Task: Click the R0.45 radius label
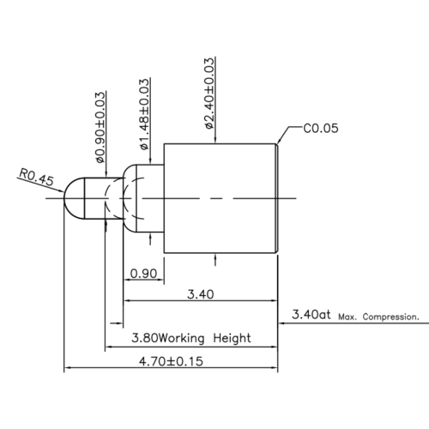pos(36,178)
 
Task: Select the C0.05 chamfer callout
pos(321,128)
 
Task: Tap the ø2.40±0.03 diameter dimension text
pos(209,94)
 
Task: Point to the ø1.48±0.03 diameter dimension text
pos(145,114)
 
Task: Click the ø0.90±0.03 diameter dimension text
pos(100,128)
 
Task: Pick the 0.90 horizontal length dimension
pos(143,274)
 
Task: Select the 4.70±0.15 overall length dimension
pos(171,361)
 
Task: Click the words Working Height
pos(205,338)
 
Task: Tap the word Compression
pos(391,317)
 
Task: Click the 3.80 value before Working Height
pos(144,338)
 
